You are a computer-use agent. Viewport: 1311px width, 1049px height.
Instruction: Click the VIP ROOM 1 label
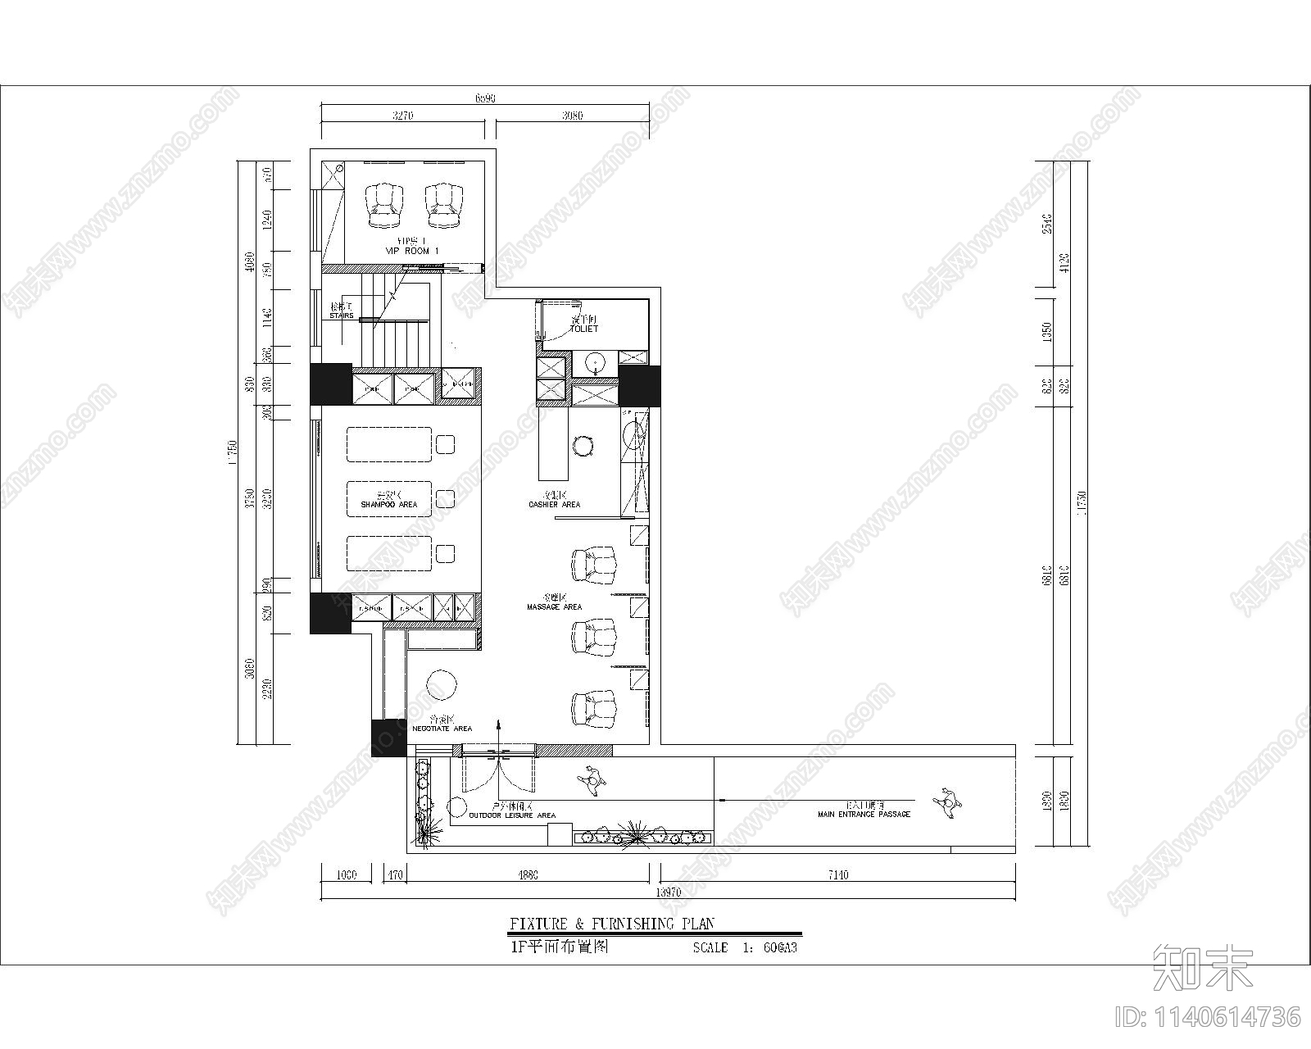(x=412, y=250)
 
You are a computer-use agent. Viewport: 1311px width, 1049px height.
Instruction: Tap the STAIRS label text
(x=342, y=316)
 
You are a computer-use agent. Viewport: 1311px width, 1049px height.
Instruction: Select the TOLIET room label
(x=584, y=329)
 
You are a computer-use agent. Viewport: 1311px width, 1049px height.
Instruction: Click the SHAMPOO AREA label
(x=389, y=505)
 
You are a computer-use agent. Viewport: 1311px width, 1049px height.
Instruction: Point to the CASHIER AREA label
(x=554, y=505)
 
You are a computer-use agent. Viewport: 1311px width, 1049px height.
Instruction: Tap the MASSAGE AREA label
(x=554, y=607)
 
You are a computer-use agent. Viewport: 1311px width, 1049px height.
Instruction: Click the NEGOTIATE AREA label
(x=442, y=728)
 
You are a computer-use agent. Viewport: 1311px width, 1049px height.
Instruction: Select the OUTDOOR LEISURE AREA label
(x=512, y=815)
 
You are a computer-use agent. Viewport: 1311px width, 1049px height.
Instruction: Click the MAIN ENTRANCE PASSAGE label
(x=864, y=815)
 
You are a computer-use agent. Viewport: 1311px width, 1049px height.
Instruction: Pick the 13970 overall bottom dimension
(x=669, y=892)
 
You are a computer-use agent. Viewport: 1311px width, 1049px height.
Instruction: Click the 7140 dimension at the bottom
(x=837, y=875)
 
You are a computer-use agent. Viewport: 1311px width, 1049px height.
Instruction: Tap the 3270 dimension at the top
(x=401, y=116)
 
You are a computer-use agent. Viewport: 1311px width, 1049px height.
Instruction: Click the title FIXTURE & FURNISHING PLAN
(x=611, y=924)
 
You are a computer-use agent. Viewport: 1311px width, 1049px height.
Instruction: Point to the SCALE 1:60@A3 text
(x=745, y=948)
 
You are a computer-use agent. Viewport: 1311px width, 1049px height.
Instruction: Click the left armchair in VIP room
(x=384, y=205)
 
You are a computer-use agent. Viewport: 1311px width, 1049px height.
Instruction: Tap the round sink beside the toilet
(x=594, y=362)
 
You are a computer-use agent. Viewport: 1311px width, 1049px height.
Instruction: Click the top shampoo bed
(x=388, y=444)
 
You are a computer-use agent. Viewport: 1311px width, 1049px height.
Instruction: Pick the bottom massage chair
(x=593, y=707)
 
